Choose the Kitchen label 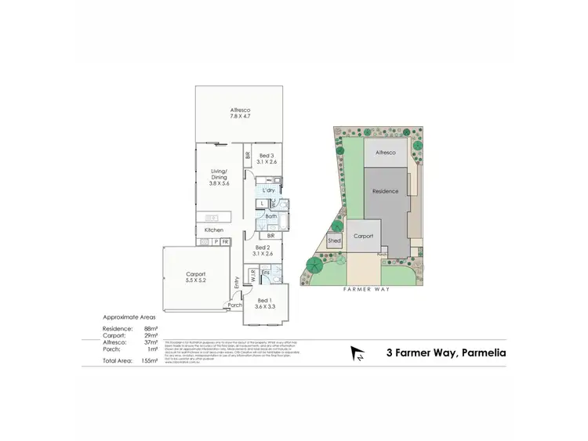(x=214, y=230)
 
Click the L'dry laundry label (x=268, y=190)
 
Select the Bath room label (x=270, y=216)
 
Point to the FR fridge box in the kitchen (x=225, y=242)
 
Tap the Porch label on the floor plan (x=234, y=305)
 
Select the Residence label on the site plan (x=385, y=191)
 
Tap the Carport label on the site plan (x=362, y=235)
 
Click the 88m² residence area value (x=152, y=328)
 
